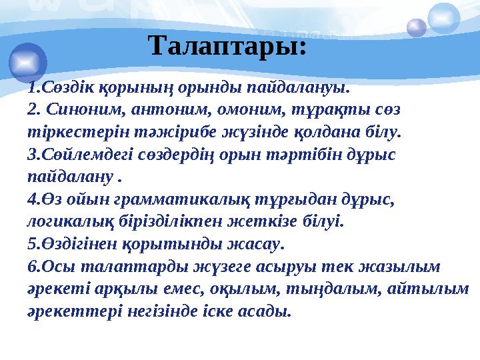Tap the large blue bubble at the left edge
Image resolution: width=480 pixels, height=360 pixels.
(27, 61)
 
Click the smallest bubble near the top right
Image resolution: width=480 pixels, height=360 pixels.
(417, 27)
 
